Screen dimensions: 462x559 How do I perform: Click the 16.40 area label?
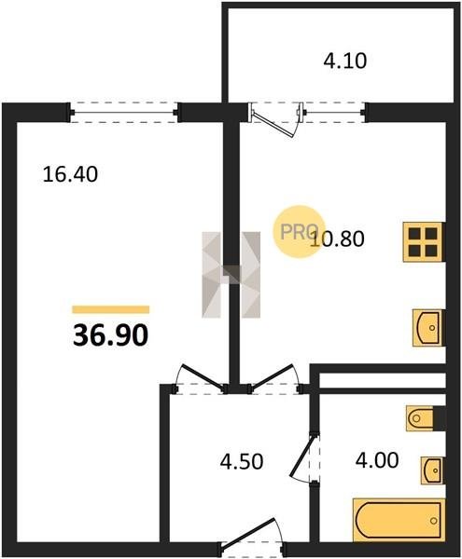[x=70, y=175]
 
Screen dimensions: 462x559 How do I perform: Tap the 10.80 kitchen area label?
[x=337, y=239]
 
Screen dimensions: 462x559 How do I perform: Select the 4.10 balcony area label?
[x=345, y=61]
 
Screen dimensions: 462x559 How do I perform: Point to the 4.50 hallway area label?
[x=242, y=461]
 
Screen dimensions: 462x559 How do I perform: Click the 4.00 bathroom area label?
[x=377, y=460]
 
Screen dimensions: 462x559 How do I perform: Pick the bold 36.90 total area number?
[x=110, y=335]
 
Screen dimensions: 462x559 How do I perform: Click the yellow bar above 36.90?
[x=111, y=309]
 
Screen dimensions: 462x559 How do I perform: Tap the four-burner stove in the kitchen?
[x=424, y=242]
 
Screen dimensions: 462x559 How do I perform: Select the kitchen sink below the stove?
[x=427, y=328]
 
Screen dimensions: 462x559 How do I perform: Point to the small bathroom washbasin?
[x=432, y=470]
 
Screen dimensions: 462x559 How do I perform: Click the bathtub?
[x=399, y=521]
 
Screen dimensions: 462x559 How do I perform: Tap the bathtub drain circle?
[x=434, y=521]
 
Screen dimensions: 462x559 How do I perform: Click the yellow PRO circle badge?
[x=299, y=232]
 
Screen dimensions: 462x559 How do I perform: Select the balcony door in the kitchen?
[x=276, y=120]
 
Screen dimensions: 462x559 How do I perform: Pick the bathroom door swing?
[x=304, y=457]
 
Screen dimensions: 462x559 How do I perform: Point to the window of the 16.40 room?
[x=124, y=113]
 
